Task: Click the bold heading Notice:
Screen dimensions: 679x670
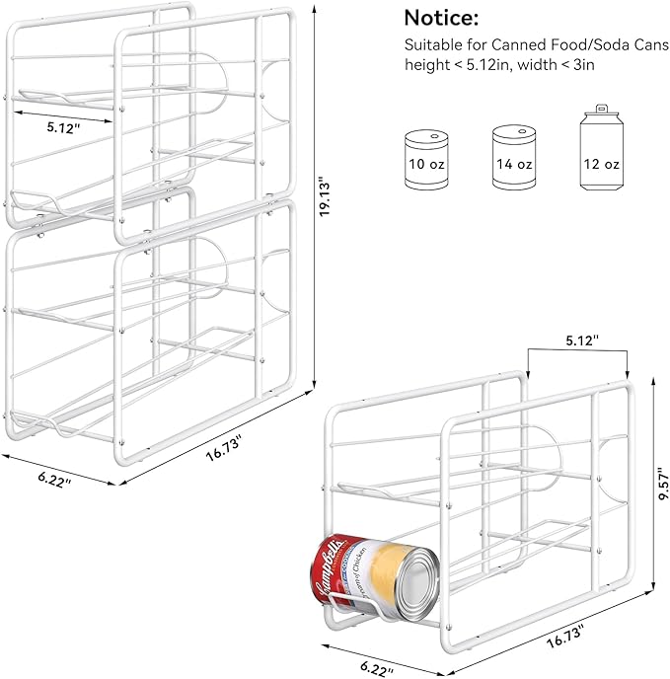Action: coord(444,18)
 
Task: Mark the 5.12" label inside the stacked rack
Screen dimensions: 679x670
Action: coord(63,126)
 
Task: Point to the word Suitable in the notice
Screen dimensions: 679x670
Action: coord(430,45)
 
